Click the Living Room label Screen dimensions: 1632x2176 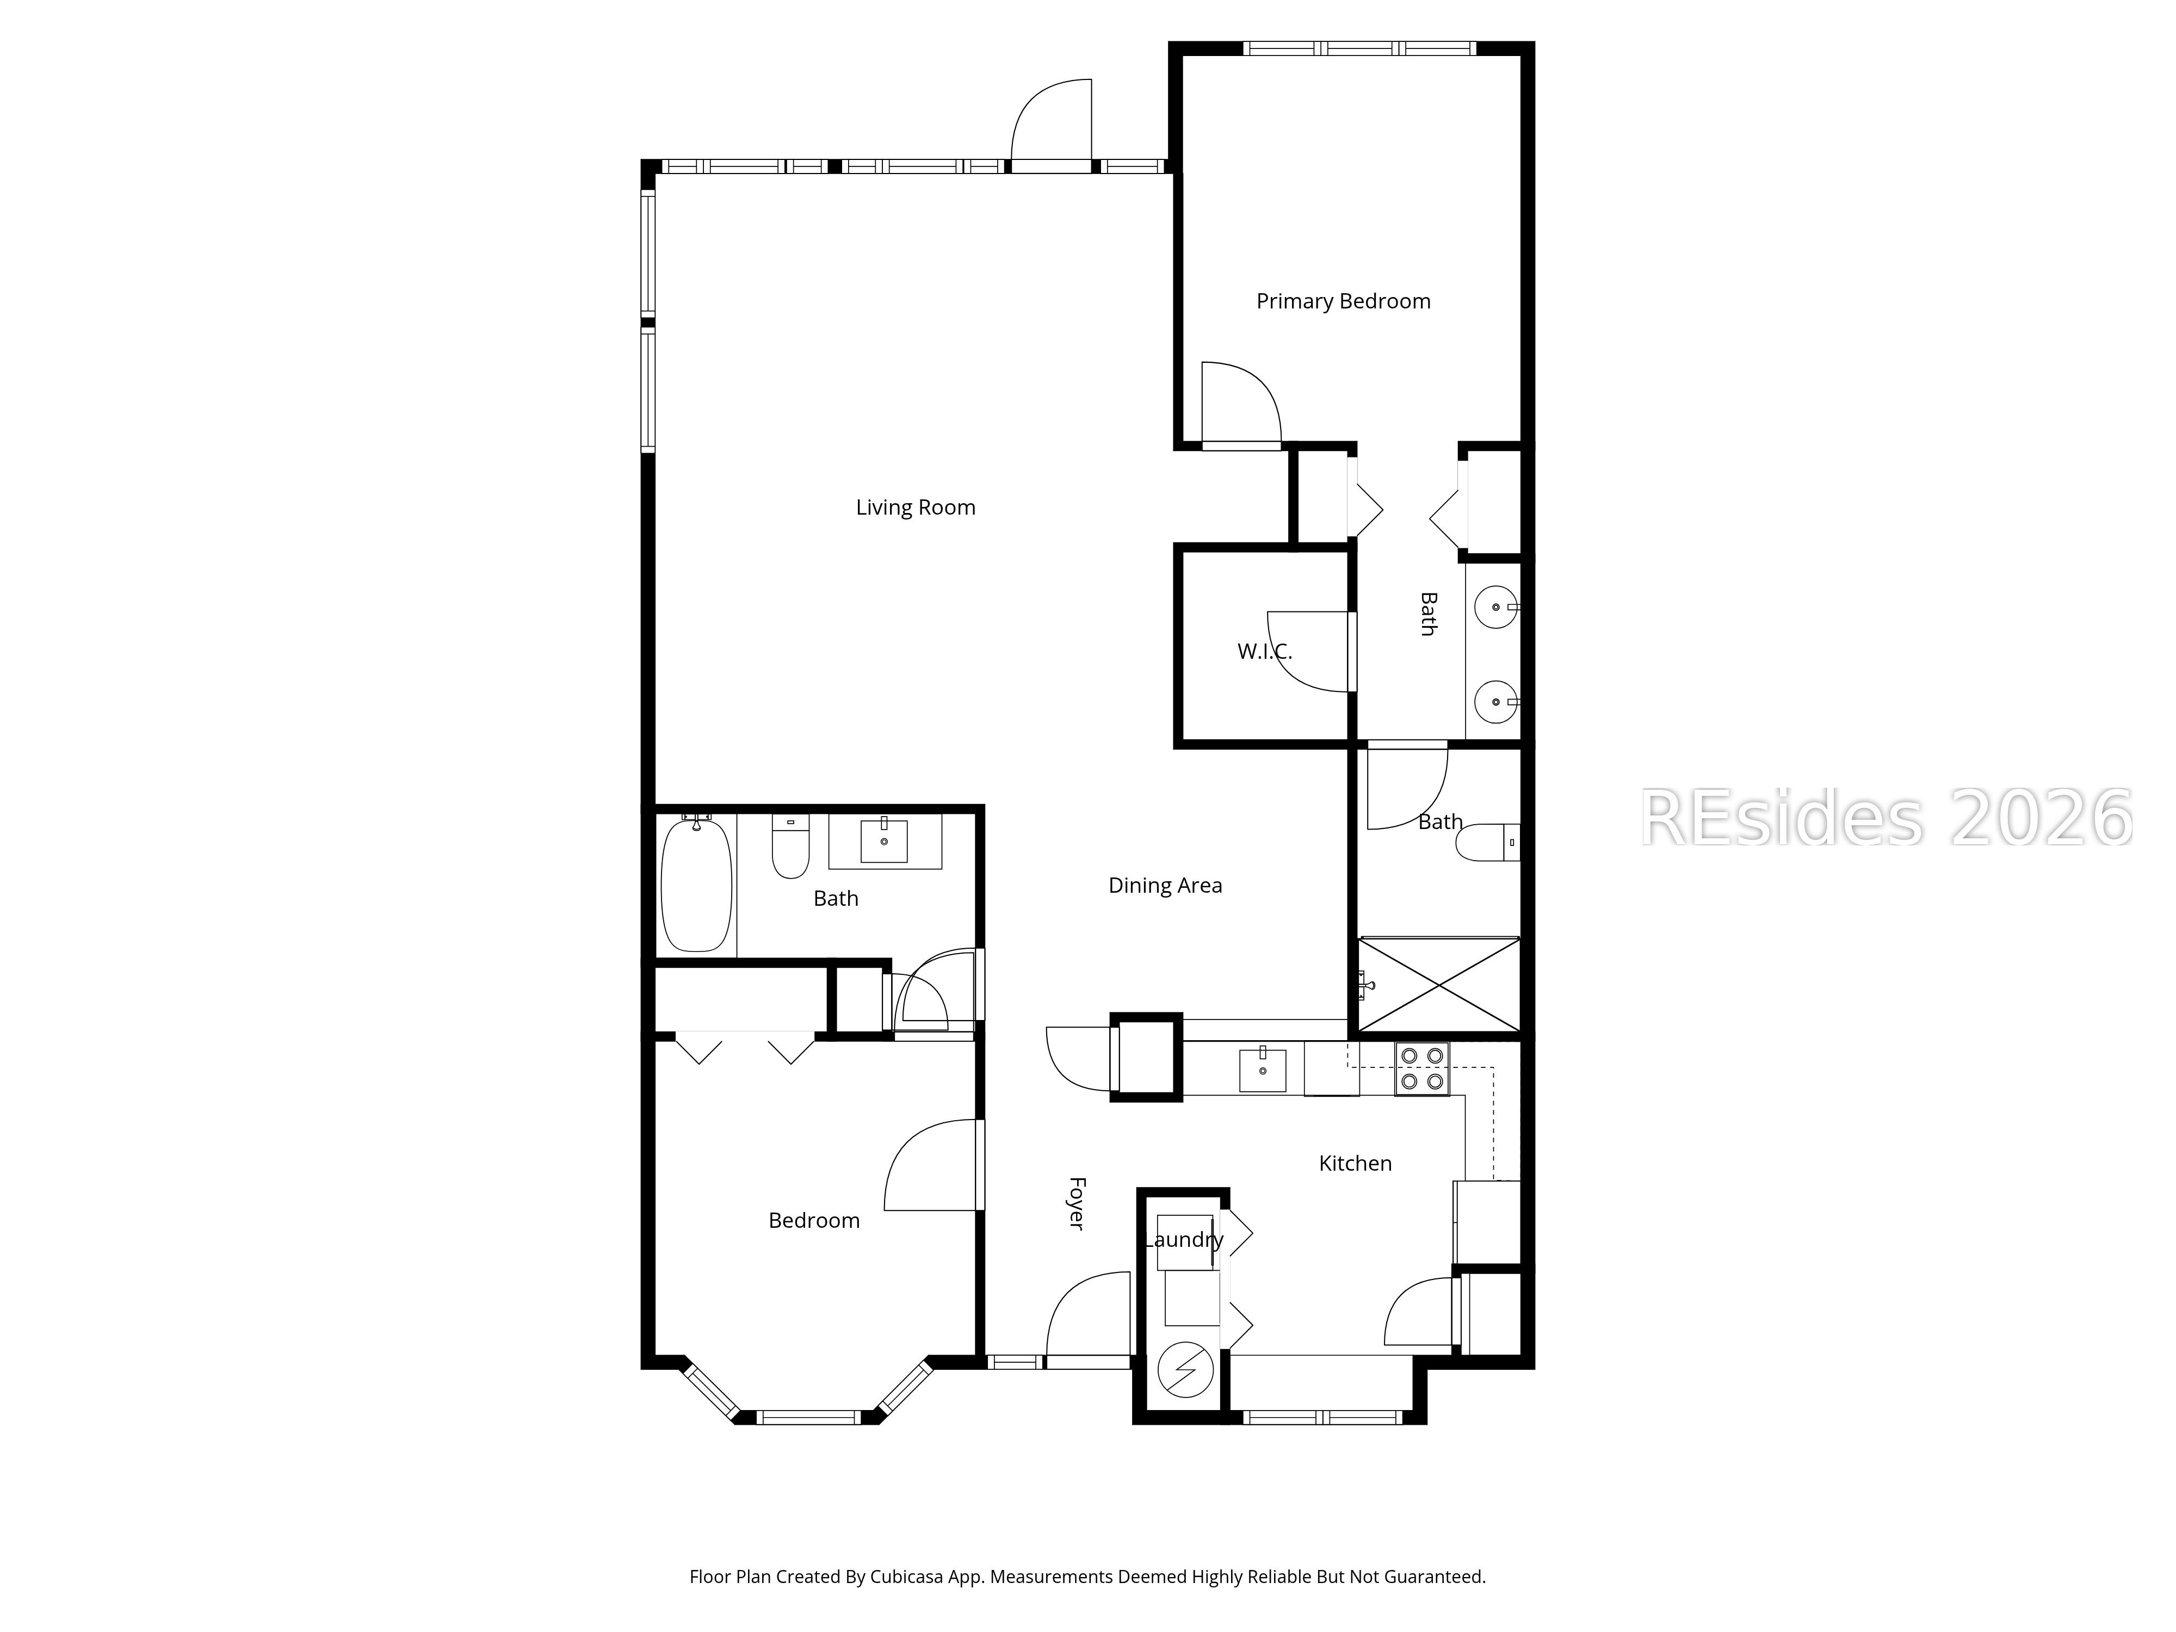pyautogui.click(x=915, y=508)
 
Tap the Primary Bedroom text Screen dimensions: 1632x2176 pyautogui.click(x=1343, y=301)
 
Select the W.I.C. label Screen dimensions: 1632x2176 pyautogui.click(x=1264, y=651)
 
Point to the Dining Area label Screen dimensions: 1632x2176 pyautogui.click(x=1165, y=885)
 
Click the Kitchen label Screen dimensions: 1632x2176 pyautogui.click(x=1355, y=1163)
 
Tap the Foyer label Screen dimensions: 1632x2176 pyautogui.click(x=1076, y=1202)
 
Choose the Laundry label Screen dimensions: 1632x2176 pyautogui.click(x=1183, y=1239)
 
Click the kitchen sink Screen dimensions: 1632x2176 pyautogui.click(x=1262, y=1070)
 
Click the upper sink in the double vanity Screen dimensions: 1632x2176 pyautogui.click(x=1496, y=607)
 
